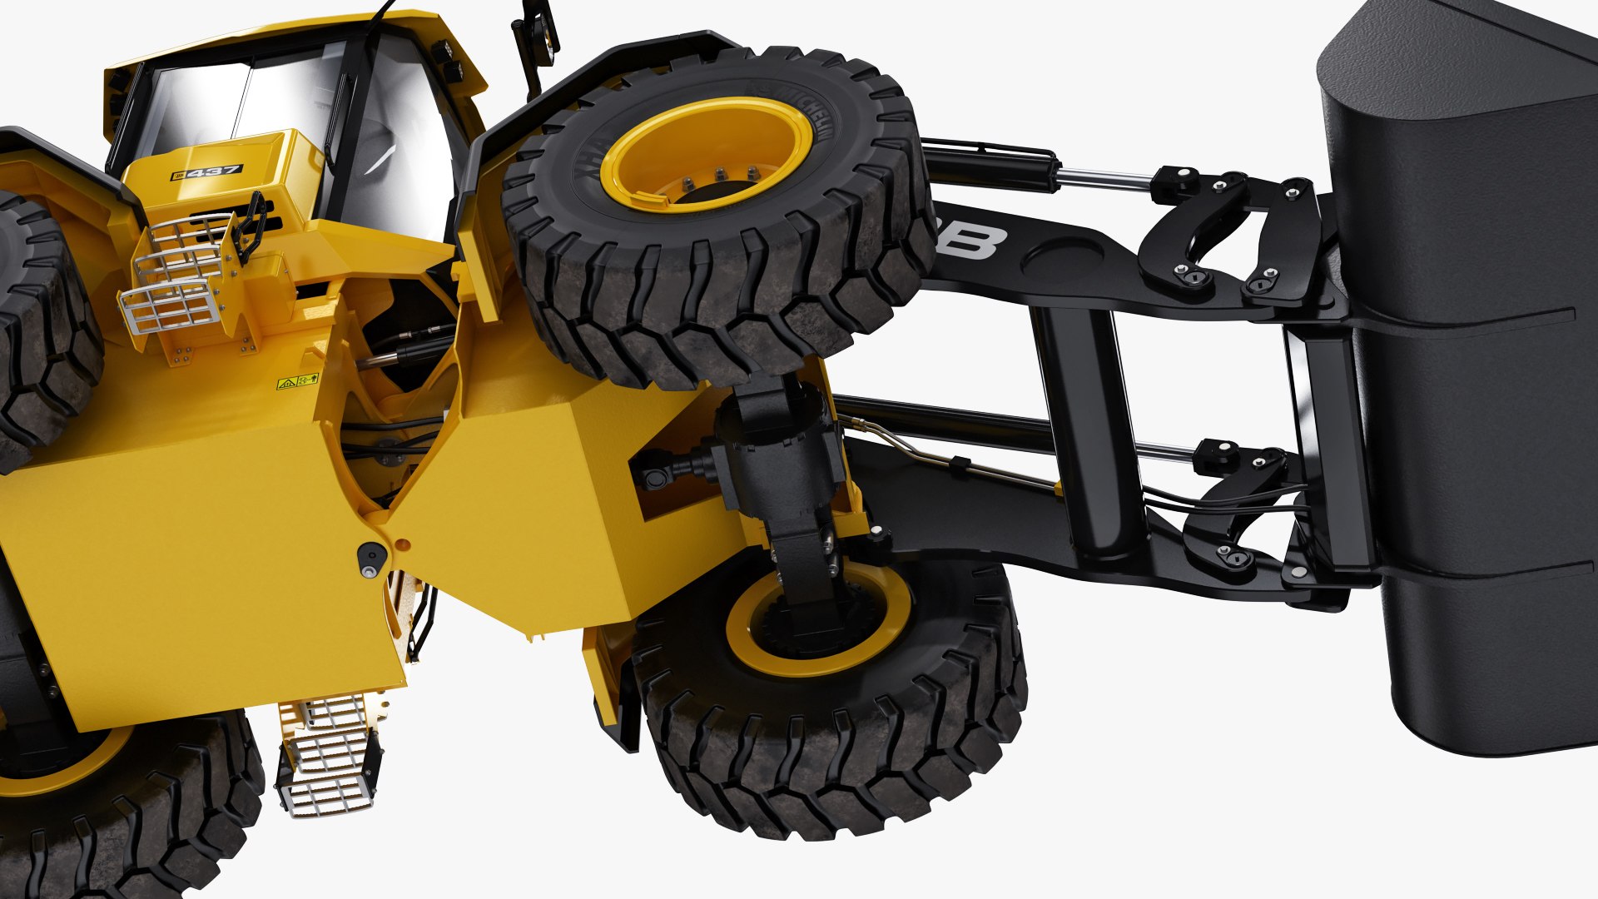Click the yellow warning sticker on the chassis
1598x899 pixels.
click(298, 382)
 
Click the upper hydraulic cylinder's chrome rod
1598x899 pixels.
click(1107, 177)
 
